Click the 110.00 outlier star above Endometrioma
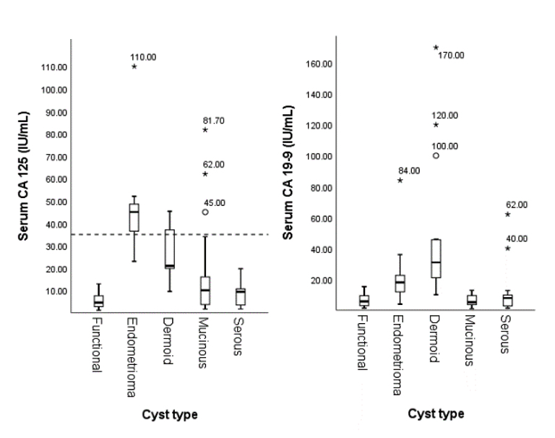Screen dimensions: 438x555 pyautogui.click(x=134, y=66)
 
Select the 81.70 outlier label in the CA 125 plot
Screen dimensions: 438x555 pyautogui.click(x=214, y=121)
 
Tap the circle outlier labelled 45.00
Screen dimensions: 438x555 pyautogui.click(x=205, y=212)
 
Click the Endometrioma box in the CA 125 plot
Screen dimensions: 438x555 pyautogui.click(x=134, y=218)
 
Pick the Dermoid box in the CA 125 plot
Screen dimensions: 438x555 pyautogui.click(x=169, y=249)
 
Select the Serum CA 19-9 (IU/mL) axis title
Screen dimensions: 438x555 pyautogui.click(x=288, y=171)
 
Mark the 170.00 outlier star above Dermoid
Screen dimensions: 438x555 pyautogui.click(x=436, y=48)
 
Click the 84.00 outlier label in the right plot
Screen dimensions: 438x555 pyautogui.click(x=409, y=171)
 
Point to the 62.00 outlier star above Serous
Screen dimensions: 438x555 pyautogui.click(x=507, y=215)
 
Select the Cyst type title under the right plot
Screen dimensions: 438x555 pyautogui.click(x=436, y=414)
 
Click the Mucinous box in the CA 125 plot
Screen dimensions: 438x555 pyautogui.click(x=205, y=290)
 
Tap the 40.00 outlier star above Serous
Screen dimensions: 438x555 pyautogui.click(x=507, y=249)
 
